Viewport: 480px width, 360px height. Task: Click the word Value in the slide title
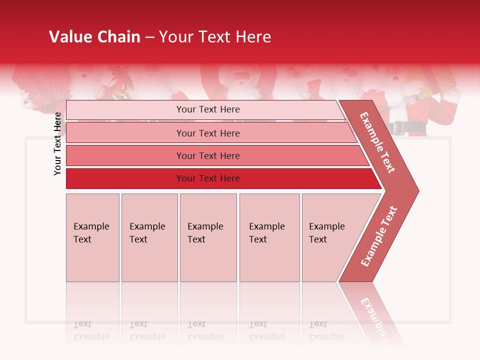[x=69, y=37]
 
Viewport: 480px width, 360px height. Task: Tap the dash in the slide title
[x=149, y=37]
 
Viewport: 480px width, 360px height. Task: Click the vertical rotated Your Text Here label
[x=57, y=143]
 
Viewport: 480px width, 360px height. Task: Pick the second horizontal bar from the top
[x=207, y=133]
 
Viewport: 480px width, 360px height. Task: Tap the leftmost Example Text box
[x=92, y=237]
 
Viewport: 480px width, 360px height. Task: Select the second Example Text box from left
[x=149, y=237]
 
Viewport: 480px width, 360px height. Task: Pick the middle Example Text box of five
[x=208, y=237]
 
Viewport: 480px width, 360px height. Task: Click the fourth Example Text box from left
[x=269, y=237]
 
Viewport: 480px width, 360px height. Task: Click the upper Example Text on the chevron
[x=377, y=142]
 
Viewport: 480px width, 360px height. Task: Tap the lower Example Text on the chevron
[x=378, y=236]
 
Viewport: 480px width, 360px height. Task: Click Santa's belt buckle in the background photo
[x=399, y=128]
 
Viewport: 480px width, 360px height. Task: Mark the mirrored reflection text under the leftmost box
[x=91, y=330]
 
